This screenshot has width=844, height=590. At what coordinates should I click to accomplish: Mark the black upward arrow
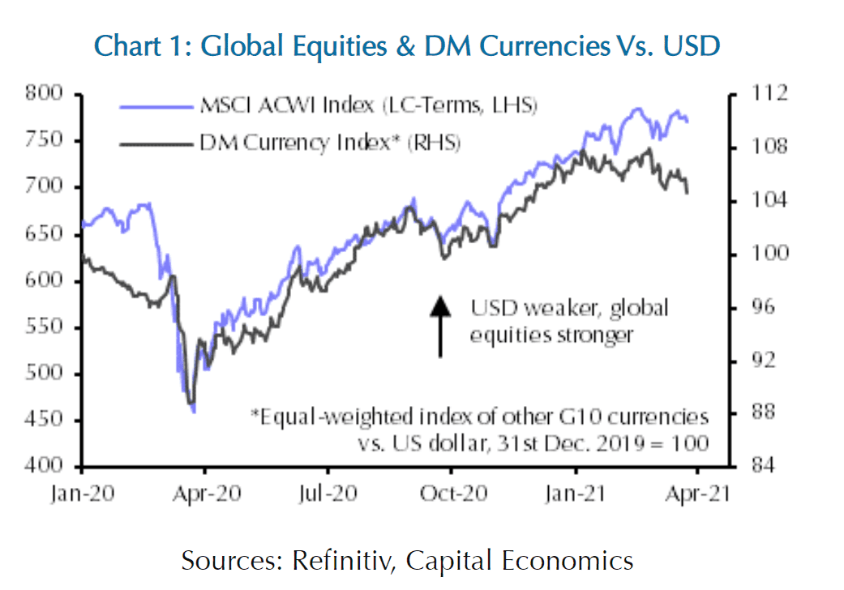(439, 326)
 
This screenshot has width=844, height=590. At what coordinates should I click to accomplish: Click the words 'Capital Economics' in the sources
(520, 561)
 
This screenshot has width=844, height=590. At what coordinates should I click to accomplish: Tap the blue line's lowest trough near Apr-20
(193, 412)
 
